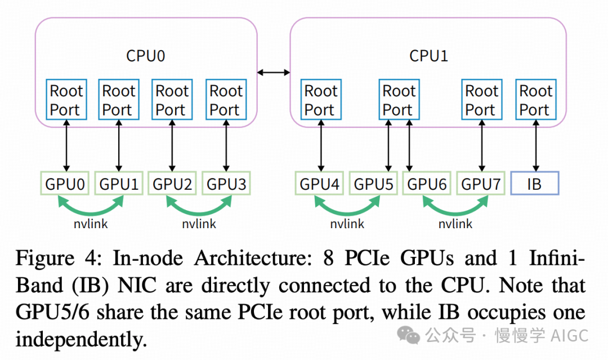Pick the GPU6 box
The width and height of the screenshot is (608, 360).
click(x=426, y=184)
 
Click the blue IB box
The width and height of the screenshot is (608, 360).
click(x=534, y=184)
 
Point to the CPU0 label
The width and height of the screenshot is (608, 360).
click(x=146, y=56)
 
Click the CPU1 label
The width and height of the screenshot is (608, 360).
click(x=428, y=56)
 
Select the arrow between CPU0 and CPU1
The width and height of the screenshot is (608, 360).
click(x=274, y=72)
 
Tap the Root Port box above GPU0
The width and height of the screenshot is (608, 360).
click(x=66, y=100)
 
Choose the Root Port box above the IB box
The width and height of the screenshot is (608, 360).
click(x=535, y=100)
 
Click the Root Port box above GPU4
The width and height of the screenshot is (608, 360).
click(x=320, y=100)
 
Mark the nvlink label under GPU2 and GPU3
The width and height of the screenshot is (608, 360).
click(x=199, y=224)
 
